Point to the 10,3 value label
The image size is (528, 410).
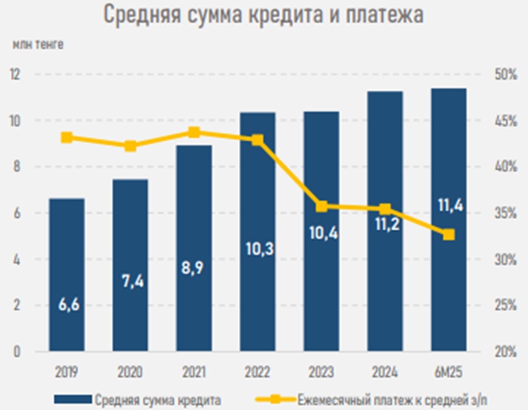[x=258, y=250]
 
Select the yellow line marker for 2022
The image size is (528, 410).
[x=257, y=140]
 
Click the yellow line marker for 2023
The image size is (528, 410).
[x=321, y=206]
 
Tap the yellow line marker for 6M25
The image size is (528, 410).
[x=449, y=235]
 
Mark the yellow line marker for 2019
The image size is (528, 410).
[x=67, y=137]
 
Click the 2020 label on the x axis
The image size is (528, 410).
[x=131, y=372]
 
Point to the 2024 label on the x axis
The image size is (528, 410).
[x=385, y=372]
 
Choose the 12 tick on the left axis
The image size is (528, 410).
[x=15, y=74]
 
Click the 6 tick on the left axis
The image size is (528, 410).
[x=16, y=214]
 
